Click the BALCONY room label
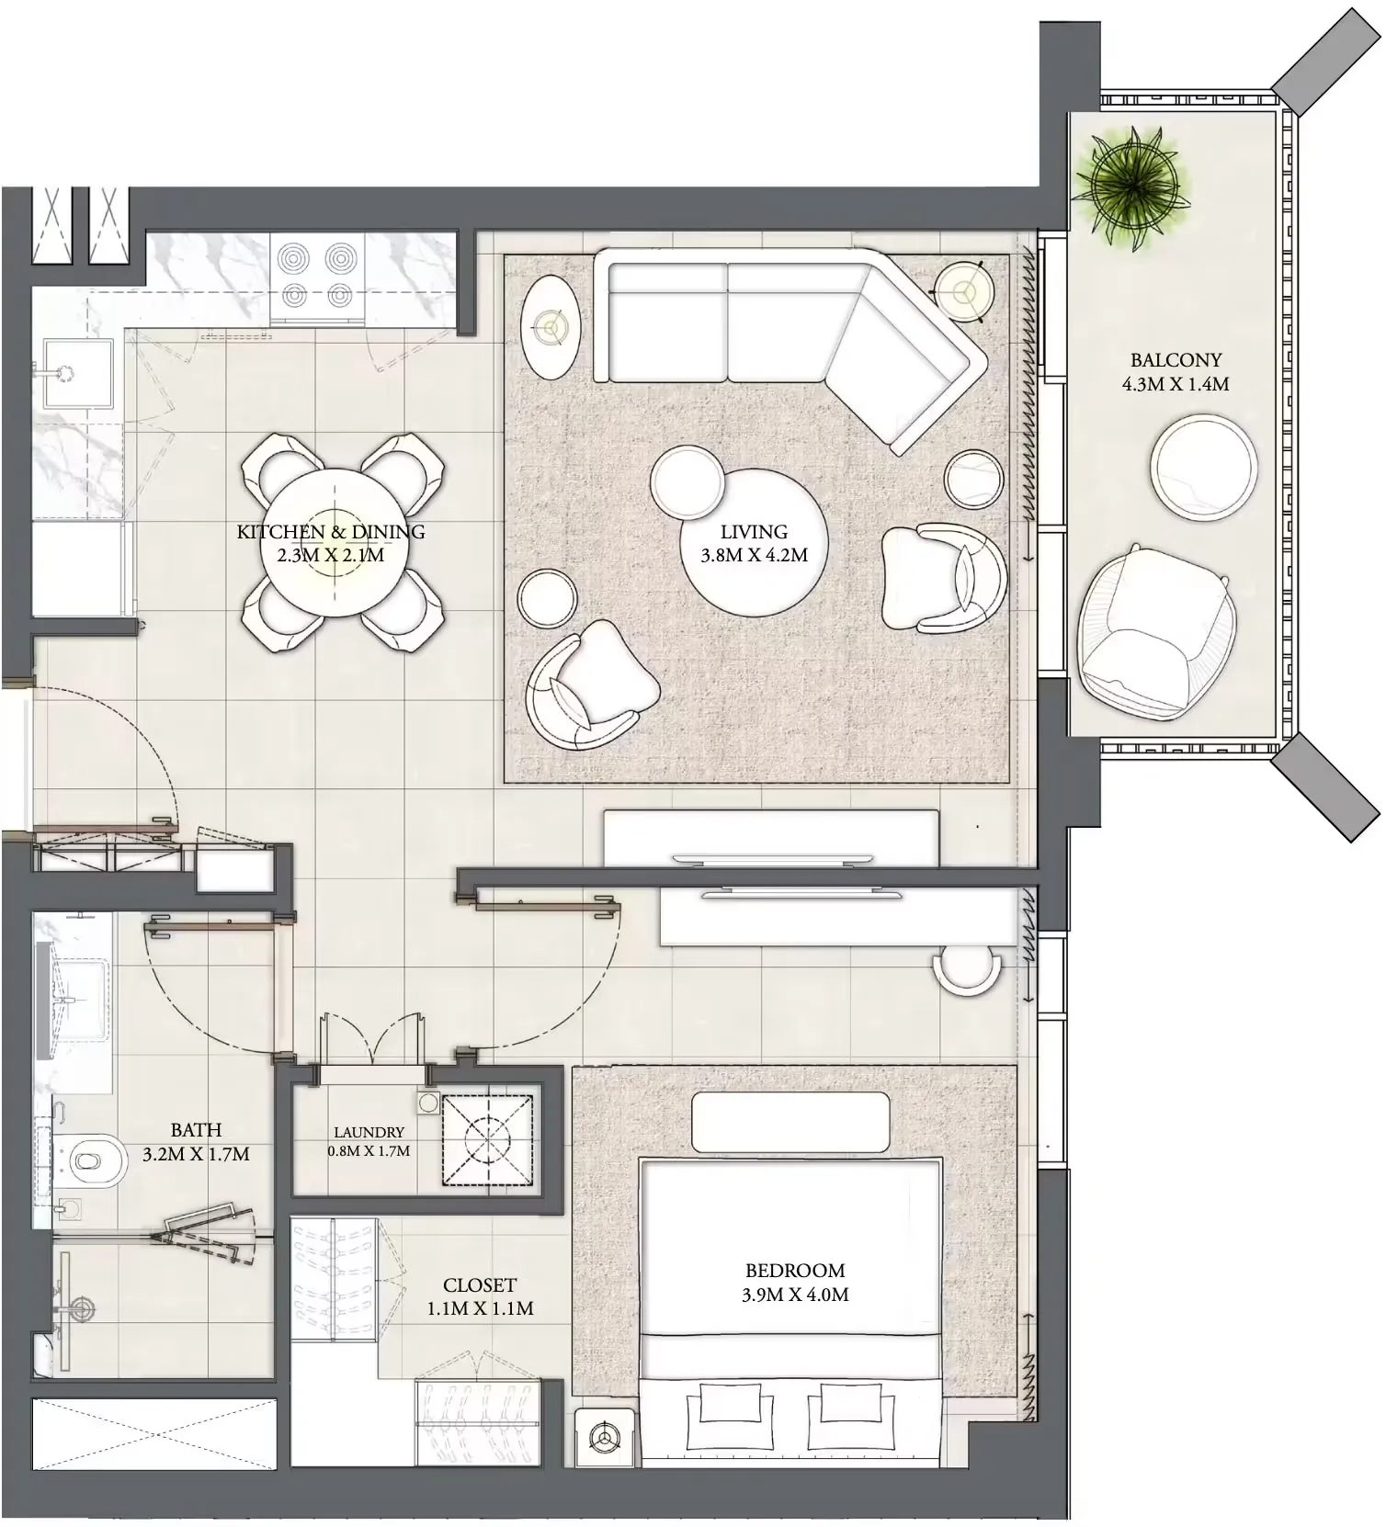pos(1176,360)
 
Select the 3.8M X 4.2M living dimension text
pos(754,555)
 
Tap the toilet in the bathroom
pos(95,1159)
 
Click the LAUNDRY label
pos(369,1133)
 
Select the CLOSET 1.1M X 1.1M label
pos(480,1296)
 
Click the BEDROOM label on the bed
pos(795,1271)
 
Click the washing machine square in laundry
pos(487,1140)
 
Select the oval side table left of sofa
pos(550,327)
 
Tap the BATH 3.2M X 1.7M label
pos(196,1142)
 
